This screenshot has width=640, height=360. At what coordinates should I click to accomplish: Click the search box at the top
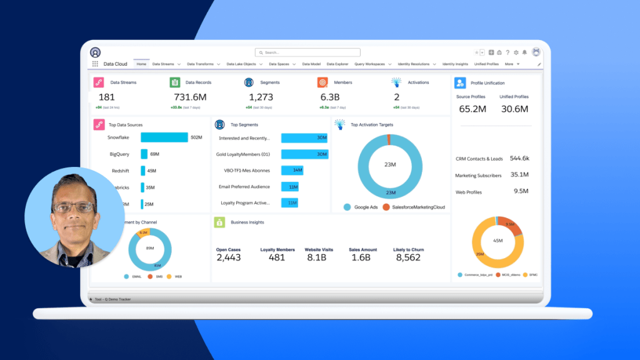click(307, 52)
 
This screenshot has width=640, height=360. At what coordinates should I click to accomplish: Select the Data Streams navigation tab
click(163, 64)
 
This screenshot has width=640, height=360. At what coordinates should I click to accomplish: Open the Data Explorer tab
click(337, 64)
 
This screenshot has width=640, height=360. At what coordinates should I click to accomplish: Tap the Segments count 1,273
click(261, 97)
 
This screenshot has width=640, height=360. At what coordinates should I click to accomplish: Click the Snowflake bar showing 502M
click(164, 137)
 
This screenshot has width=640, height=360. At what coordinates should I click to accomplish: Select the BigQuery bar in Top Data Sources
click(144, 154)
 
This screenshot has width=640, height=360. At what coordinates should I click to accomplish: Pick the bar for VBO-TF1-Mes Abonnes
click(292, 170)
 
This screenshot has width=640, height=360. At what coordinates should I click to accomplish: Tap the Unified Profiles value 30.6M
click(514, 109)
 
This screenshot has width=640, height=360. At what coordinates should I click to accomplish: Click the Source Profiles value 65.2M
click(472, 109)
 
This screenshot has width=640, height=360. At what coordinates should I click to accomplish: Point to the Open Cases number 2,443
click(229, 257)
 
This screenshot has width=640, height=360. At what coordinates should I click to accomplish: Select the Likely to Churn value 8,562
click(408, 257)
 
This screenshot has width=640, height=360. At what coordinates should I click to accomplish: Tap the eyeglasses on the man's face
click(73, 207)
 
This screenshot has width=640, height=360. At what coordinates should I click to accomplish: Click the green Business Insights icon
click(219, 222)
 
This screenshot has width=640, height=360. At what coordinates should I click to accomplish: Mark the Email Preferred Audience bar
click(289, 186)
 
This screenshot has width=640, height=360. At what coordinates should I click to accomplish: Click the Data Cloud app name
click(115, 64)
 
